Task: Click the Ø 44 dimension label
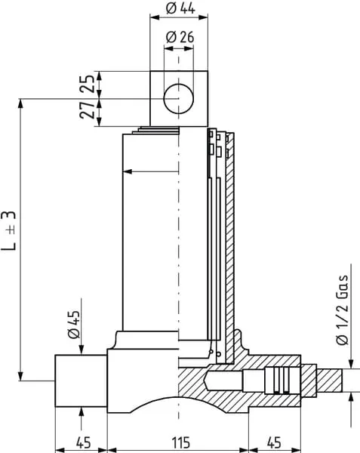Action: pyautogui.click(x=180, y=8)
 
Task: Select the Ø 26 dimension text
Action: pyautogui.click(x=180, y=37)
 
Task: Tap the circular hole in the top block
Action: pyautogui.click(x=178, y=98)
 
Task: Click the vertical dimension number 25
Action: pyautogui.click(x=88, y=84)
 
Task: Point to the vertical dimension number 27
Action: pyautogui.click(x=88, y=109)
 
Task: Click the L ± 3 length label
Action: pyautogui.click(x=8, y=230)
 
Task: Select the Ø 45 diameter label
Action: pyautogui.click(x=74, y=325)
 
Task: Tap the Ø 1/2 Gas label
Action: pyautogui.click(x=343, y=310)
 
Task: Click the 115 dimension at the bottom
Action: pyautogui.click(x=180, y=442)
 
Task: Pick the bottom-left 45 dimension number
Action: pyautogui.click(x=84, y=442)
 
